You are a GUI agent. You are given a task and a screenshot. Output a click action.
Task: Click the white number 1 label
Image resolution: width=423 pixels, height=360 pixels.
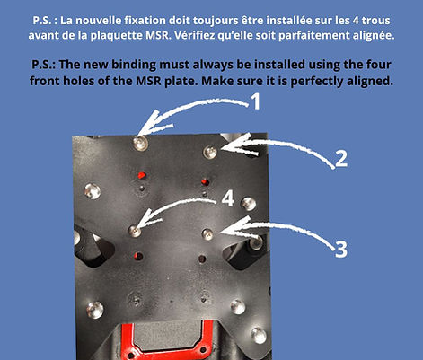tap(255, 102)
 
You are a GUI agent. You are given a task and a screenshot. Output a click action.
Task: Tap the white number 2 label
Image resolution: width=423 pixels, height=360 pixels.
tap(340, 159)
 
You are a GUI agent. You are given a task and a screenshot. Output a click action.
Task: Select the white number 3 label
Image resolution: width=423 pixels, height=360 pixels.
tap(340, 249)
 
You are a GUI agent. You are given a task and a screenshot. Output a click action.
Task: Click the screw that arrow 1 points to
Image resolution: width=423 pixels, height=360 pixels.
tap(140, 143)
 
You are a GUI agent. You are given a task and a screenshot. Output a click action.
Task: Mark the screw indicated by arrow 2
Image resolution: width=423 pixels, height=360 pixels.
tap(209, 151)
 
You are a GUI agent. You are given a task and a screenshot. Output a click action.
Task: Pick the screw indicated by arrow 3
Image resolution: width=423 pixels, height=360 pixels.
tap(207, 233)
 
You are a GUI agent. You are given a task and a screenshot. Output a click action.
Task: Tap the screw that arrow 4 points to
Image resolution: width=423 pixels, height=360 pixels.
tap(136, 231)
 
